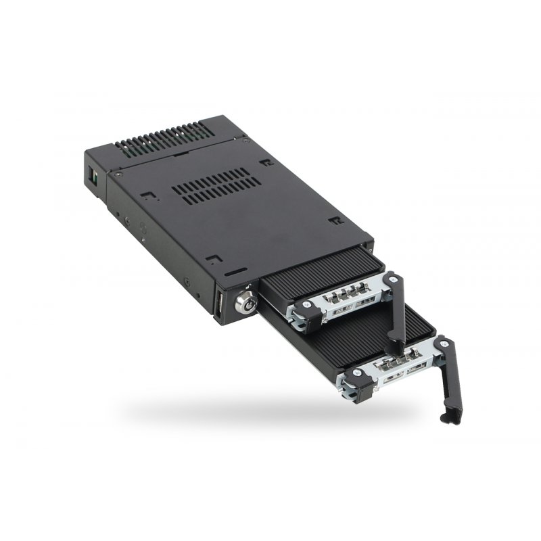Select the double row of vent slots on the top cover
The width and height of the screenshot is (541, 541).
click(217, 185)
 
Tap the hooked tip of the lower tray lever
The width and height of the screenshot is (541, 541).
click(446, 419)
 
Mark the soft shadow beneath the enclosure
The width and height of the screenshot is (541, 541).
click(270, 413)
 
